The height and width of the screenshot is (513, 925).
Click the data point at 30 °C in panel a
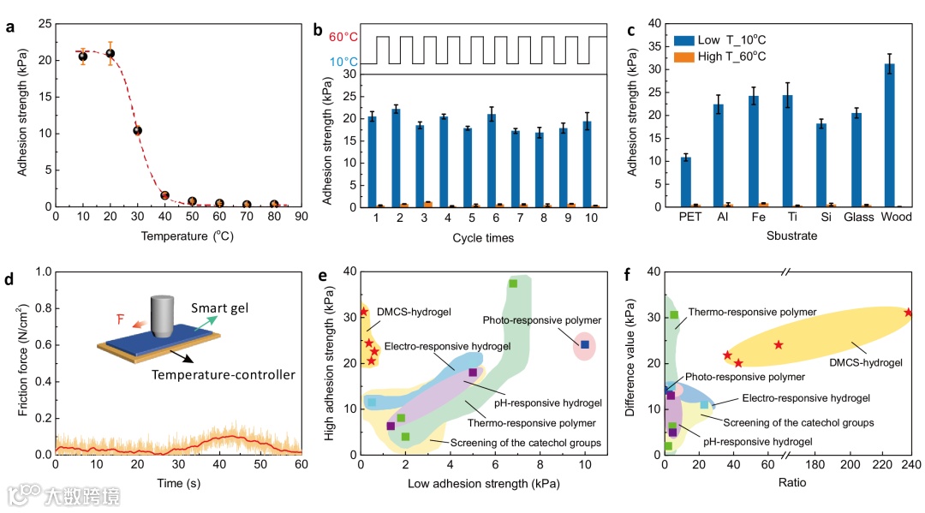(137, 131)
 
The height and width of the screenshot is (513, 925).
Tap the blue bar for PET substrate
(685, 182)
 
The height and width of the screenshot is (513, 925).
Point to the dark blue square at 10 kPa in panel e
(585, 344)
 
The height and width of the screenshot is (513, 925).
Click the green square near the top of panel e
(513, 283)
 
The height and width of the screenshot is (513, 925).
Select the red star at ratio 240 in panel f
(909, 313)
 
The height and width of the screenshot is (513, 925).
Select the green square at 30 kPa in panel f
(674, 315)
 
